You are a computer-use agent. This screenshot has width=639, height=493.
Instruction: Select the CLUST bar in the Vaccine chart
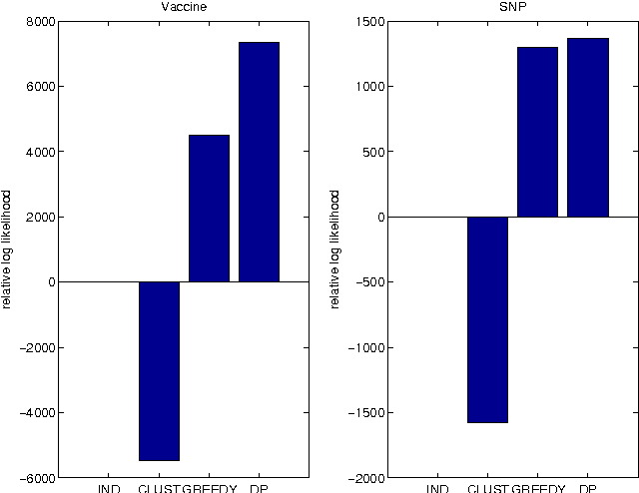click(x=159, y=370)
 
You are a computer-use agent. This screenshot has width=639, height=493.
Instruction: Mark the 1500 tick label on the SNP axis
click(x=366, y=21)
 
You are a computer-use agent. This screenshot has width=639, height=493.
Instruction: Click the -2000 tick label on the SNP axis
click(x=363, y=478)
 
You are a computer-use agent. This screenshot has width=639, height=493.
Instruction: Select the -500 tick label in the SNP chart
click(x=366, y=282)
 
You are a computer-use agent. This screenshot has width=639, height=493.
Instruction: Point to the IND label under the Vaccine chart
click(x=109, y=488)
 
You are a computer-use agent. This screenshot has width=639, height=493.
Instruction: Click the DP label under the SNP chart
click(x=588, y=488)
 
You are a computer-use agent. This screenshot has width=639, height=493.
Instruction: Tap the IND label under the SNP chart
click(x=437, y=488)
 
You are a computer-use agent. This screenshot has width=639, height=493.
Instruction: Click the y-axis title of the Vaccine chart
click(x=8, y=248)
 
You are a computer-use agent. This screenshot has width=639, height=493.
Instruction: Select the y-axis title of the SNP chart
click(x=336, y=248)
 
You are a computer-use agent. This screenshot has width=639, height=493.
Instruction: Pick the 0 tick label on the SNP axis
click(x=376, y=218)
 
